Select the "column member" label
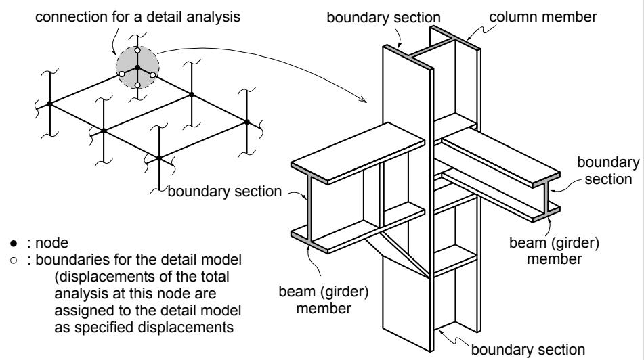(542, 17)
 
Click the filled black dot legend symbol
(14, 244)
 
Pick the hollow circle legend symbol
(14, 261)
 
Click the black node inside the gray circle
(137, 67)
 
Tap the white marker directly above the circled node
(137, 51)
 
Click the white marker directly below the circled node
(137, 85)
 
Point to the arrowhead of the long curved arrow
(364, 99)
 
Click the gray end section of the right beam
(546, 197)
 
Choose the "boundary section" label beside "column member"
(383, 18)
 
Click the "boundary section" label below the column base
(528, 350)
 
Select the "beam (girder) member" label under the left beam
(324, 300)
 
